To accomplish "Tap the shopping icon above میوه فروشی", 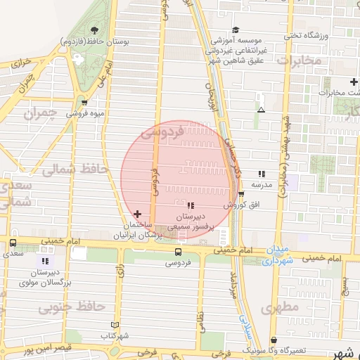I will [x=84, y=101].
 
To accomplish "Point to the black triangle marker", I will [x=262, y=110].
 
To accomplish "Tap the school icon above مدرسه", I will [x=262, y=173].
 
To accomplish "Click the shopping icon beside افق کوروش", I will [x=241, y=195].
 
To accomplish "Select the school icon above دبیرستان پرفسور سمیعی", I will [x=191, y=205].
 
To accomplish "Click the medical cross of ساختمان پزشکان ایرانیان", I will [x=137, y=214].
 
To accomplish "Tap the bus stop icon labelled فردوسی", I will [x=177, y=252].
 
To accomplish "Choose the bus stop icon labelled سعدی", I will [x=13, y=243].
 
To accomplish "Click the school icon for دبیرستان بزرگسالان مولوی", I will [x=46, y=261].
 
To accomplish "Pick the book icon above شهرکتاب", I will [x=115, y=326].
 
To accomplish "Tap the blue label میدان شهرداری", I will [x=279, y=255].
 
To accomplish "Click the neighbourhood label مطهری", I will [x=279, y=308].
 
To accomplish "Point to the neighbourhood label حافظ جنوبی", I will [x=71, y=307].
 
